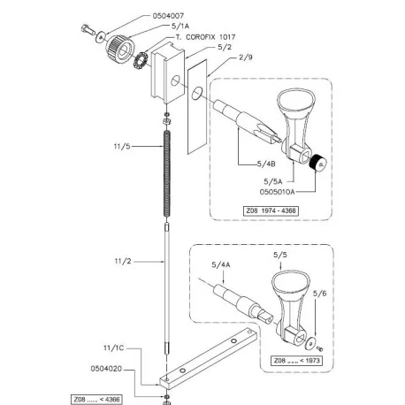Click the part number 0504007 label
click(168, 16)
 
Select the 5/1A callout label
click(180, 27)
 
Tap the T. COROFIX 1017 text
click(206, 37)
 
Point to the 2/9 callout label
click(246, 57)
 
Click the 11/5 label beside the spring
click(122, 146)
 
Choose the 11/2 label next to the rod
click(123, 261)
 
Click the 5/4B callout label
click(266, 164)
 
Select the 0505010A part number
click(277, 192)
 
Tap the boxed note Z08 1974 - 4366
click(271, 211)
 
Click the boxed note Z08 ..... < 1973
click(296, 361)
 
